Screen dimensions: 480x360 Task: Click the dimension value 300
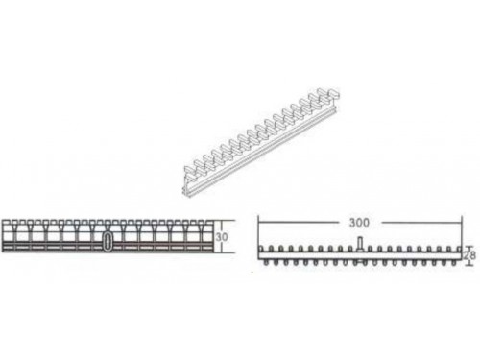click(359, 223)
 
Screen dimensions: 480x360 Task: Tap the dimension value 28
click(469, 255)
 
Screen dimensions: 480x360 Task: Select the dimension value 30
click(222, 237)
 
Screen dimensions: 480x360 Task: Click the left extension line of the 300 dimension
click(258, 232)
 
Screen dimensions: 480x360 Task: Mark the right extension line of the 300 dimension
click(462, 232)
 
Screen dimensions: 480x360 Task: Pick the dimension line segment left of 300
click(298, 222)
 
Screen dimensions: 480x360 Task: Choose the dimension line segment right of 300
click(421, 222)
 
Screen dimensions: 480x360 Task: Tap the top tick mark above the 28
click(469, 247)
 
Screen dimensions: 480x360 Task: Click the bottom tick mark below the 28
click(469, 264)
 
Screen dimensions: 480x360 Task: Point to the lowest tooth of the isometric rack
click(190, 171)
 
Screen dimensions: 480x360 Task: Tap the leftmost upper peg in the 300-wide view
click(261, 249)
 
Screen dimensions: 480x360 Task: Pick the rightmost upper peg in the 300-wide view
click(459, 249)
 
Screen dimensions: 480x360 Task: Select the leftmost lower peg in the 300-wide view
click(267, 262)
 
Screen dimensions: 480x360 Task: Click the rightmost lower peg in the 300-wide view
click(454, 262)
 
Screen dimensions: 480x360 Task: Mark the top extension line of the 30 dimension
click(225, 220)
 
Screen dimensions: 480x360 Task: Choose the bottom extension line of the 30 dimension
click(225, 252)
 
